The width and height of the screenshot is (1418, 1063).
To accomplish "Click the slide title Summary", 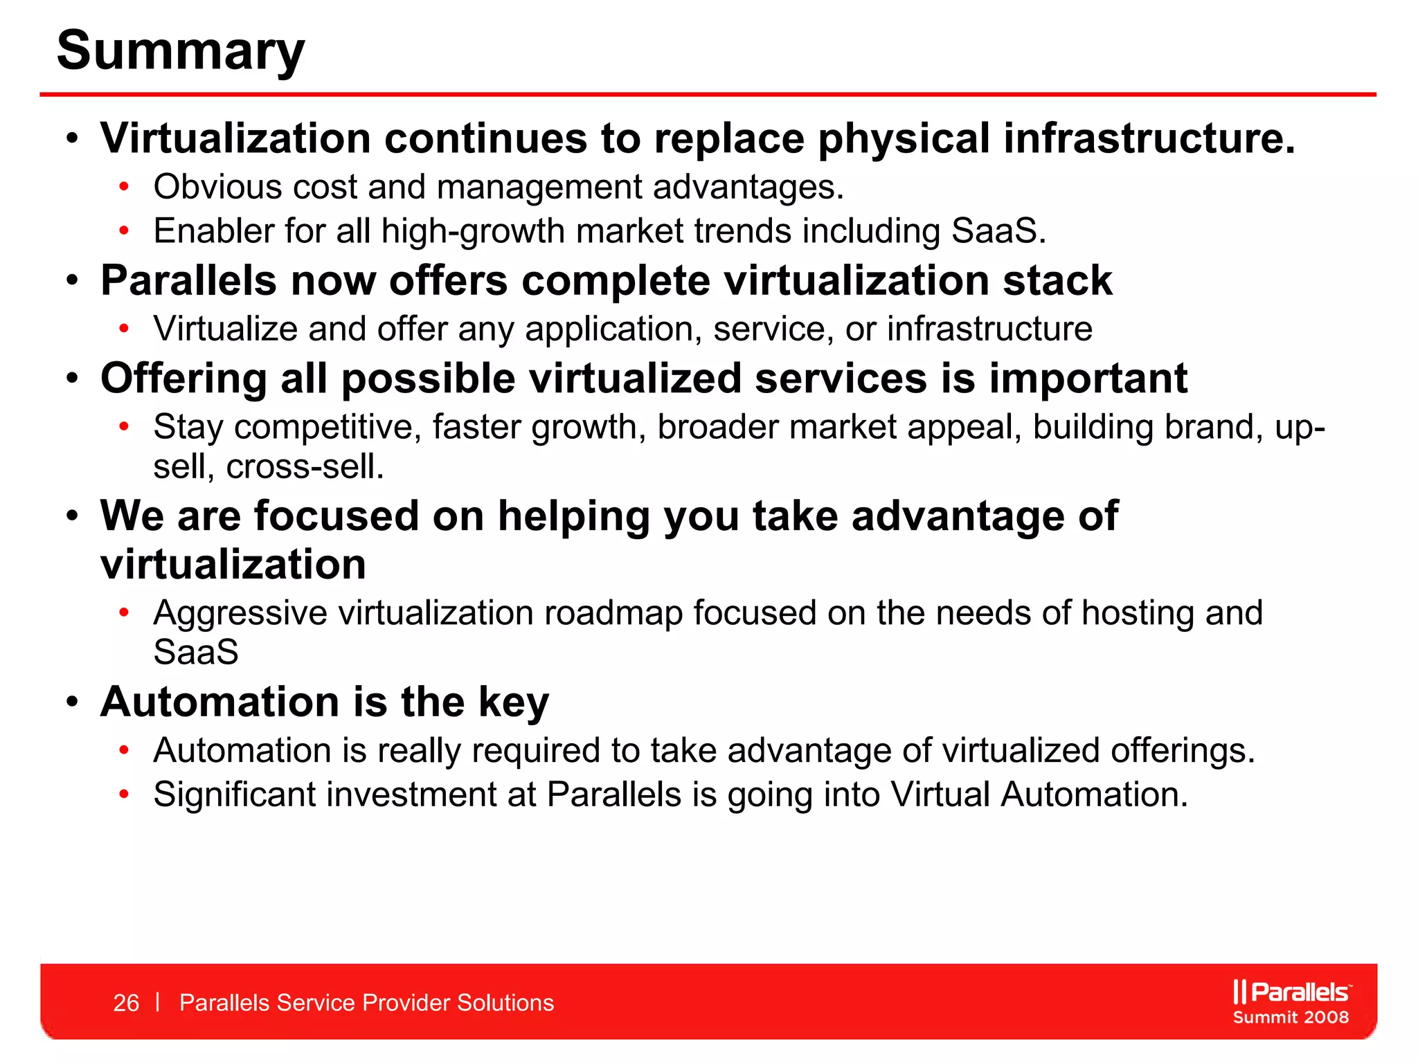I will [180, 51].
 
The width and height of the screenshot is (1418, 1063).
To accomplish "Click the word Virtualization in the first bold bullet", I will [235, 138].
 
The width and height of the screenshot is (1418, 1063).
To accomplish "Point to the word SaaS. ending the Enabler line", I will [998, 231].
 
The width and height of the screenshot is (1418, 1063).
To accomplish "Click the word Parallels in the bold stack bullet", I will [188, 281].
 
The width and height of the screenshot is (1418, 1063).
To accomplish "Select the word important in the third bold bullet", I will [1088, 379].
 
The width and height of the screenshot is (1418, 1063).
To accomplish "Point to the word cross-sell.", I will [305, 467].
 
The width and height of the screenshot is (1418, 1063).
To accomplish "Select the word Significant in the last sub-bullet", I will [234, 794].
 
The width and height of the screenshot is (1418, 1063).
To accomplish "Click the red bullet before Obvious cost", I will [124, 186].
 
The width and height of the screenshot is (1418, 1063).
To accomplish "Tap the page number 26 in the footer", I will [126, 1003].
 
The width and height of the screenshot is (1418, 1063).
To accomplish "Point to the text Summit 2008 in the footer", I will [1291, 1017].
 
